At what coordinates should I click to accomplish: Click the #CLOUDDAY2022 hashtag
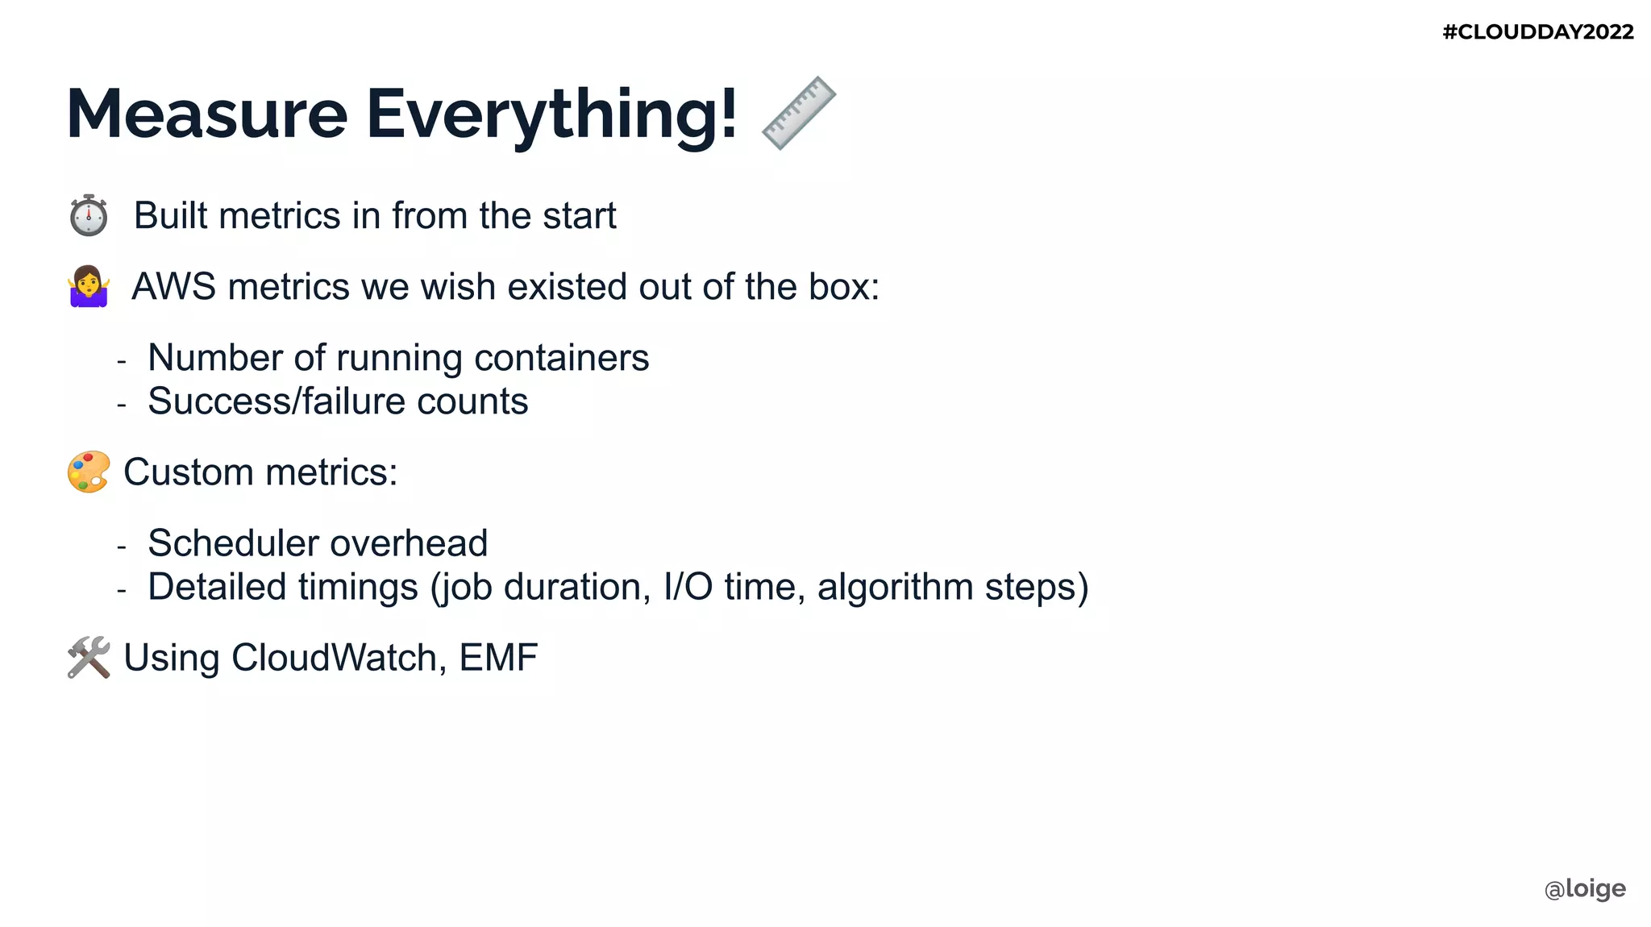tap(1537, 32)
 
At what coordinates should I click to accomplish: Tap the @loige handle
tap(1585, 888)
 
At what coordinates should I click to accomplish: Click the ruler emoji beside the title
tap(799, 113)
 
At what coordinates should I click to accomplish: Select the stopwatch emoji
tap(89, 216)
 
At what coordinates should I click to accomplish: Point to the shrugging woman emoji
tap(89, 287)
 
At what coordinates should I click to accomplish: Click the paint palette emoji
tap(89, 472)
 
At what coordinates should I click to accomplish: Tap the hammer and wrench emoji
tap(89, 658)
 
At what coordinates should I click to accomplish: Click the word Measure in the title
tap(207, 114)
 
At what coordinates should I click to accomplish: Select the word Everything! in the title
tap(551, 114)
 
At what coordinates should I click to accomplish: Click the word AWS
tap(173, 287)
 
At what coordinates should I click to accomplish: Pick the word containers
tap(561, 358)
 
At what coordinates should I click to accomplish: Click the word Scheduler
tap(234, 543)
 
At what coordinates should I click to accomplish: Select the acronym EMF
tap(498, 658)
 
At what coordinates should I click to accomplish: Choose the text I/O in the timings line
tap(688, 587)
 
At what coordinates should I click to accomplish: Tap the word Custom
tap(188, 472)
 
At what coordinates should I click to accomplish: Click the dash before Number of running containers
tap(122, 361)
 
